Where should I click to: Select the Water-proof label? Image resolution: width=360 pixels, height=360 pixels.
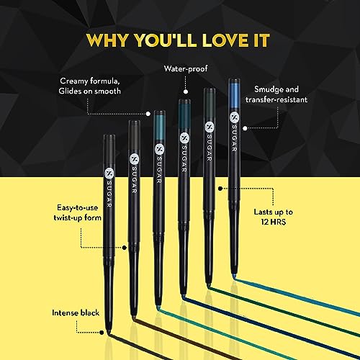pos(186,69)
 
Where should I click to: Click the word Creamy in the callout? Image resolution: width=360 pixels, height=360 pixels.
pos(74,81)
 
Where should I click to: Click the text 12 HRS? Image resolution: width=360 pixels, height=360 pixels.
pos(274,222)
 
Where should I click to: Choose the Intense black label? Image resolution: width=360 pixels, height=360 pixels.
pos(76,312)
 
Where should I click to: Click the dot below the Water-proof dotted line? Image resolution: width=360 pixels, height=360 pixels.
pos(186,91)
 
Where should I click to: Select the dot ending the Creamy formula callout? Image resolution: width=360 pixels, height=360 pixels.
pos(148,114)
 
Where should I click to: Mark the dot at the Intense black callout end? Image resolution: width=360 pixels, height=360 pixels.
pos(102,333)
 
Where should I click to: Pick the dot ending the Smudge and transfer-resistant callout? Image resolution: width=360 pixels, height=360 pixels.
pos(245,128)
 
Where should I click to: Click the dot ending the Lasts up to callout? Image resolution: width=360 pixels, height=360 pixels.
pos(220,189)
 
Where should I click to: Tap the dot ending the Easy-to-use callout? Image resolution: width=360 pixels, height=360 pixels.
pos(125,248)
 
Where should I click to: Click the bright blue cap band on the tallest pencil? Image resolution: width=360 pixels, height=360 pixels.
pos(234,96)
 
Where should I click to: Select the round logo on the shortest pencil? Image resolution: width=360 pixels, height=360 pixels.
pos(109,174)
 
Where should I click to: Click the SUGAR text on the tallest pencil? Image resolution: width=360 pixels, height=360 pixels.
pos(234,138)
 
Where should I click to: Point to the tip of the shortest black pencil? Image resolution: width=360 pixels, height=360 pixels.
pos(109,333)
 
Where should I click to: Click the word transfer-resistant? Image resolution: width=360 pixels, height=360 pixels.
pos(276,99)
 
